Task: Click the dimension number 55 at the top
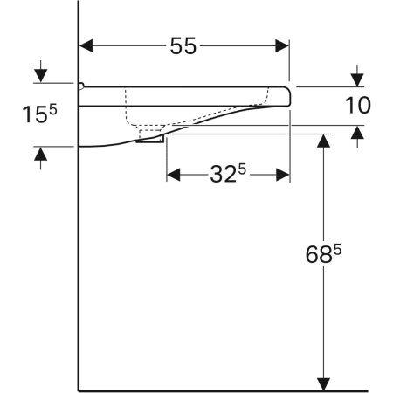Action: click(183, 47)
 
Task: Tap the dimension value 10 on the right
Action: click(357, 106)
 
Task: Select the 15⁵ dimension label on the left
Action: click(39, 114)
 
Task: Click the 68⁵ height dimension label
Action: click(324, 255)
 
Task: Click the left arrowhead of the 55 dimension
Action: click(88, 47)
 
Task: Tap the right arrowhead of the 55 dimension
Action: click(281, 47)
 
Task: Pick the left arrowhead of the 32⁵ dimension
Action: click(173, 175)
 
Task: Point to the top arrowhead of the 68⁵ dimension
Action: click(324, 141)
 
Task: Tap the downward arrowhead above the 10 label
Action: click(357, 78)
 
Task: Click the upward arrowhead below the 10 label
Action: click(357, 134)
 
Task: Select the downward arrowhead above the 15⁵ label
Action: click(39, 75)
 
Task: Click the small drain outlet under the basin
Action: click(151, 138)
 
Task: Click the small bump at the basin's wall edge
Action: click(80, 86)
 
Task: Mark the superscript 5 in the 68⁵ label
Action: click(336, 249)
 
